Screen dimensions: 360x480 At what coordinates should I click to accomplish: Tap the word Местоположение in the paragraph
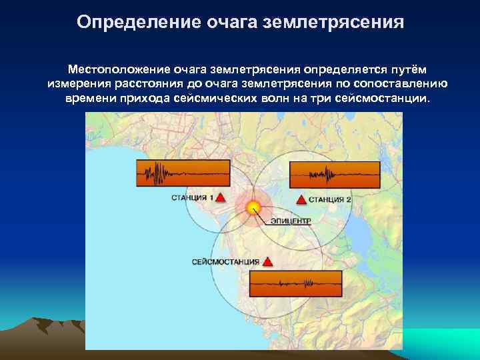click(119, 69)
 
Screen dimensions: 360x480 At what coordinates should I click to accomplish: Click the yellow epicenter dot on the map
click(253, 207)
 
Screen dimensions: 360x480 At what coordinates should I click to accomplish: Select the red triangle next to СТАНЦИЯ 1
click(221, 198)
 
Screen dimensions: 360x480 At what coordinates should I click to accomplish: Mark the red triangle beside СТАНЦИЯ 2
click(301, 199)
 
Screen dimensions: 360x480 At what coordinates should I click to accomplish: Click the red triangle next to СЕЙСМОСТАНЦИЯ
click(267, 261)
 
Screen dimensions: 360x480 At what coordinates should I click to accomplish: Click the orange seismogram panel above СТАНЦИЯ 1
click(182, 173)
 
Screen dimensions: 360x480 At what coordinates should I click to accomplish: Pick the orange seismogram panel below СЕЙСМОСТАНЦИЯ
click(295, 284)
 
